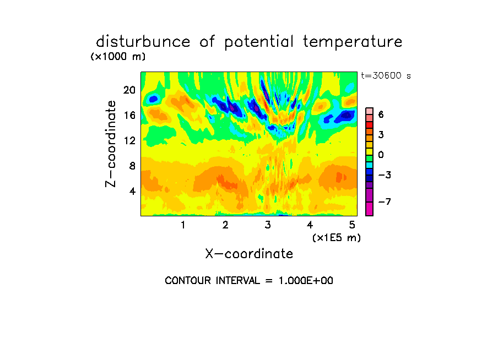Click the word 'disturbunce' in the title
point(143,42)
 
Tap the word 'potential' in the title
point(259,42)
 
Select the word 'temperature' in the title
point(353,42)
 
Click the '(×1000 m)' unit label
point(118,57)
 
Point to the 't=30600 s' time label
point(386,75)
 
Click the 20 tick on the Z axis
point(129,90)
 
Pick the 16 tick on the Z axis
point(129,115)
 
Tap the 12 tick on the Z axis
point(129,140)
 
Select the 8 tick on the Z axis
point(132,166)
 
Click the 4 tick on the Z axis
point(132,191)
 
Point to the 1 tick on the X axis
point(183,225)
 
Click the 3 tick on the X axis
point(268,225)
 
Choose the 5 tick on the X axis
point(352,225)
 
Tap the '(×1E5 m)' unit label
point(337,238)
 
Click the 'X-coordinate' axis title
point(249,254)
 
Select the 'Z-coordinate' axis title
point(110,144)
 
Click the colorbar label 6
point(381,114)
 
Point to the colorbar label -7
point(385,201)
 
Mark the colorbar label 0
point(381,155)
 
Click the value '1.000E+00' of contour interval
point(306,281)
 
